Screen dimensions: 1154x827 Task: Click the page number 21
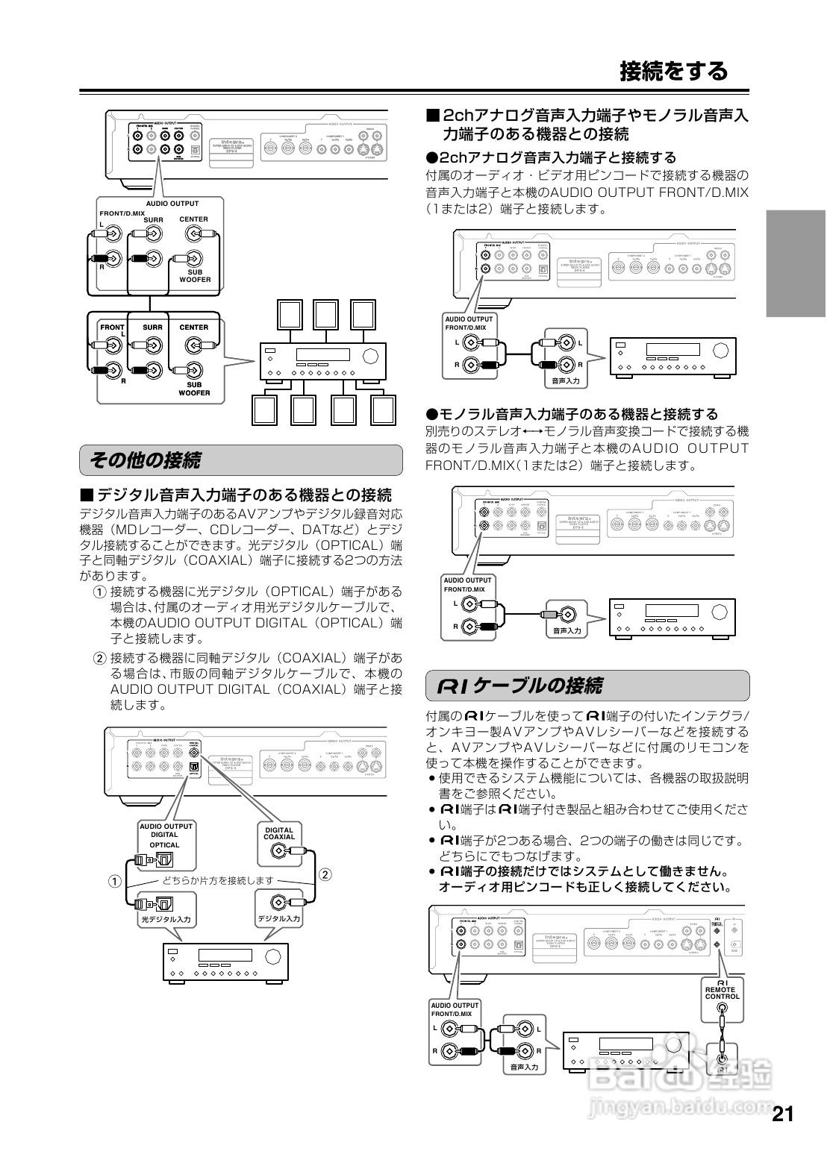pos(782,1114)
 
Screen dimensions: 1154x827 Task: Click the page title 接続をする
pos(673,71)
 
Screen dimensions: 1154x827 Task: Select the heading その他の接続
pos(145,460)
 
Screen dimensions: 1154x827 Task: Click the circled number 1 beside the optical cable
pos(113,881)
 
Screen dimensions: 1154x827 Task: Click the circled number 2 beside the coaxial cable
pos(325,874)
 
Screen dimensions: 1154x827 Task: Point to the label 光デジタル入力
pos(166,920)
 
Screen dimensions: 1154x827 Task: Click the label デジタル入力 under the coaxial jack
pos(279,919)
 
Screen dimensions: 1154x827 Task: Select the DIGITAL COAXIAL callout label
pos(279,833)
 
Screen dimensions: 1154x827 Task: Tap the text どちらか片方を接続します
pos(218,880)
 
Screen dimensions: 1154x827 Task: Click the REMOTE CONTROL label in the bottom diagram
pos(722,993)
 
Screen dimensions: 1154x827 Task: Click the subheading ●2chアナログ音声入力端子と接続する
pos(550,157)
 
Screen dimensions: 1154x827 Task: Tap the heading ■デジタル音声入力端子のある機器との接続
pos(236,495)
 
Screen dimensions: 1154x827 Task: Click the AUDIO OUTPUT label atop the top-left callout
pos(172,204)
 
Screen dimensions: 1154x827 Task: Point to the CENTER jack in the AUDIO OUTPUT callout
pos(193,234)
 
